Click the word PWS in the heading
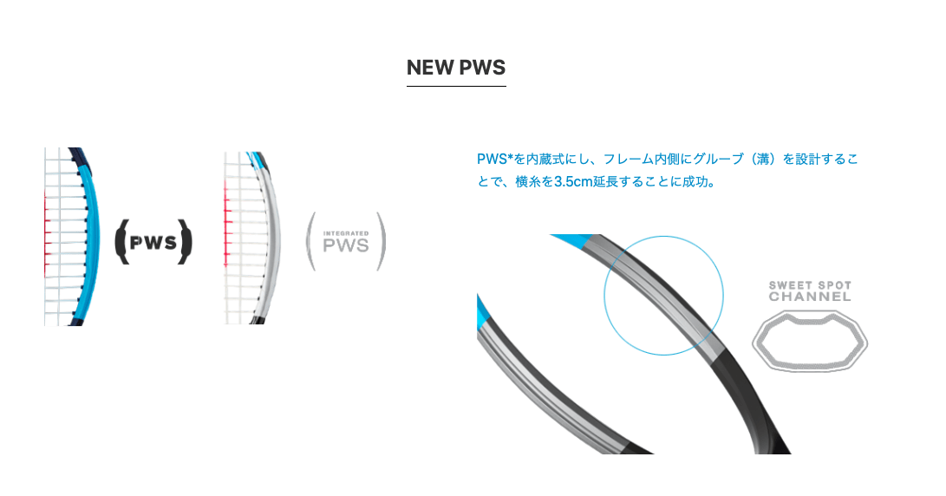(x=481, y=68)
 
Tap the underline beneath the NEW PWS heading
(x=456, y=86)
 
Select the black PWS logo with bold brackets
(x=153, y=242)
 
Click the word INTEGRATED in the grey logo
(x=346, y=233)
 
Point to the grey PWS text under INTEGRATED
(x=346, y=245)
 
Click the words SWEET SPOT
(x=810, y=284)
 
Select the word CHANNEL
(x=810, y=297)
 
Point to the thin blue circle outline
(x=604, y=296)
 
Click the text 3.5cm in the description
(x=573, y=181)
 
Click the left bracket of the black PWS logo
(x=122, y=242)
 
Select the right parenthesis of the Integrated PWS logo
(x=382, y=241)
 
